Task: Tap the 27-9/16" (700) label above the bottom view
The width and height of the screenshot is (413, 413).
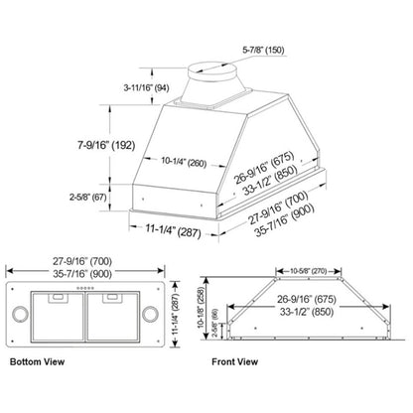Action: tap(85, 261)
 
